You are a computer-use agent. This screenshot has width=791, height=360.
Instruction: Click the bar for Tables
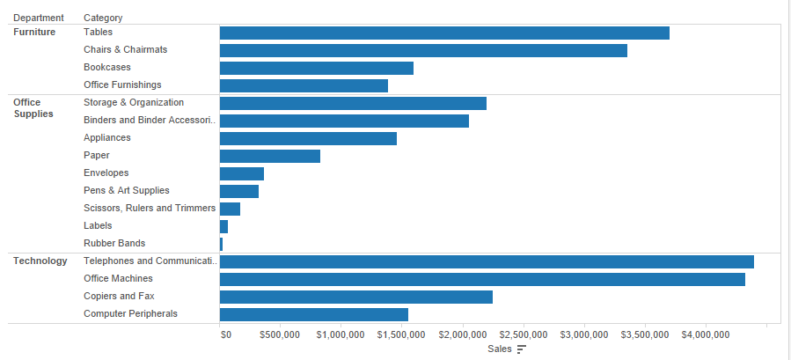[x=444, y=33]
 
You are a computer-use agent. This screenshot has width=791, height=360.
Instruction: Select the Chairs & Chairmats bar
[x=423, y=50]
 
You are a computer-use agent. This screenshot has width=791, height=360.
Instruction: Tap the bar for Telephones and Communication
[x=487, y=261]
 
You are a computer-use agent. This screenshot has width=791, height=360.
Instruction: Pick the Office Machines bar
[x=482, y=279]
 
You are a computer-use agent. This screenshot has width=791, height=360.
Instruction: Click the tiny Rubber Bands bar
[x=221, y=244]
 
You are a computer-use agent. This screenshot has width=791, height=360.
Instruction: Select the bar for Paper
[x=269, y=156]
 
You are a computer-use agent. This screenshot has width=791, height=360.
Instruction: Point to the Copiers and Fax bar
[x=355, y=297]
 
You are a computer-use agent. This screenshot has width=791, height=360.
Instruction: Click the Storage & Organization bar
[x=353, y=103]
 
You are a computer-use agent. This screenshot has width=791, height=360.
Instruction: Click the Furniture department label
[x=34, y=32]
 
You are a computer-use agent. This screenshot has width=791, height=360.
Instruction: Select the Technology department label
[x=40, y=261]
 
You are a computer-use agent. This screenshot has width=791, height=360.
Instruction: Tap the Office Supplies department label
[x=33, y=108]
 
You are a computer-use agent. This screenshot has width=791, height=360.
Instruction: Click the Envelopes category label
[x=106, y=173]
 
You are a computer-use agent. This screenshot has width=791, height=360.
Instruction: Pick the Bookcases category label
[x=107, y=67]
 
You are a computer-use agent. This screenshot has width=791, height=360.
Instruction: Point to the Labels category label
[x=98, y=225]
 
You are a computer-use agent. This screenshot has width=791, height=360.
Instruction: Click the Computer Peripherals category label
[x=130, y=313]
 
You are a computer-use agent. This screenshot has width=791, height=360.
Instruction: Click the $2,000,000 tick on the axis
[x=463, y=334]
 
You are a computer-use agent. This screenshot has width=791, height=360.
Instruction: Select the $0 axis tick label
[x=225, y=334]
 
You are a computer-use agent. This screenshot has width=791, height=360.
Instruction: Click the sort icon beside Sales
[x=521, y=349]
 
